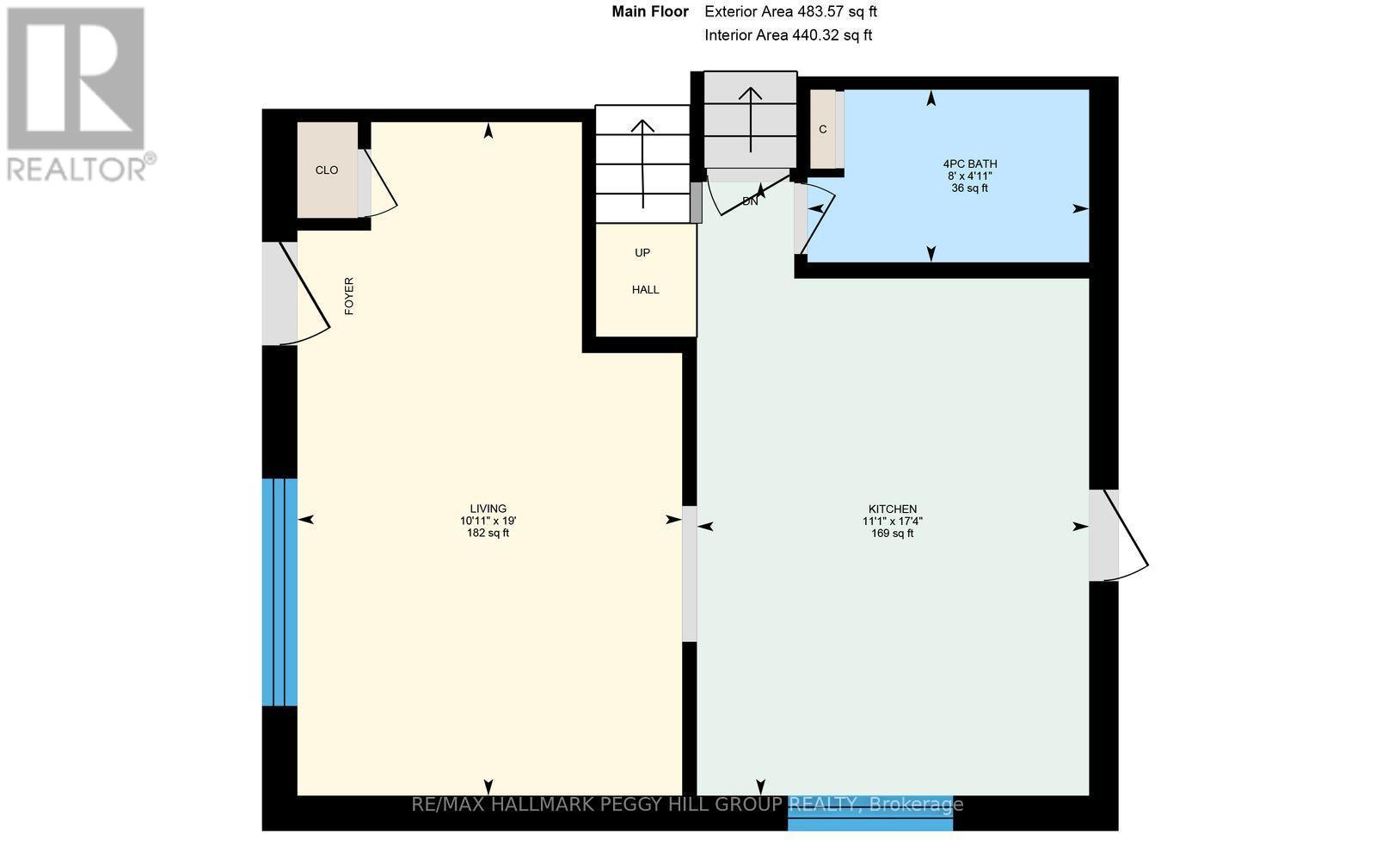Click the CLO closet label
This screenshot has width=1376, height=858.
coord(326,170)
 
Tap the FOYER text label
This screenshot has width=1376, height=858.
coord(349,296)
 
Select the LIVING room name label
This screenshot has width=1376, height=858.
coord(488,509)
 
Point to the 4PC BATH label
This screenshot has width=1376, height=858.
coord(969,164)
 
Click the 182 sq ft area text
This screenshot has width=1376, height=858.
coord(488,534)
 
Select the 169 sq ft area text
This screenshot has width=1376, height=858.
coord(892,534)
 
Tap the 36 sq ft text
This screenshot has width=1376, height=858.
coord(969,188)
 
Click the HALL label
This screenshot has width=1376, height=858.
coord(645,290)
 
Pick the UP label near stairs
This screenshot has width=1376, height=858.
coord(642,253)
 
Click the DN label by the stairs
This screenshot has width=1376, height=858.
coord(750,201)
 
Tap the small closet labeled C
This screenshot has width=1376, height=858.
coord(823,130)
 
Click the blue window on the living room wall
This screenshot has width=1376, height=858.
coord(279,592)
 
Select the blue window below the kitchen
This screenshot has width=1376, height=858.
coord(870,824)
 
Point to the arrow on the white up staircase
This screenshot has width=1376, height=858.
coord(642,162)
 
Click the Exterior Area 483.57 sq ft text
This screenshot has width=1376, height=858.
coord(790,12)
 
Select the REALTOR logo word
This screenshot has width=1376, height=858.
coord(77,167)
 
